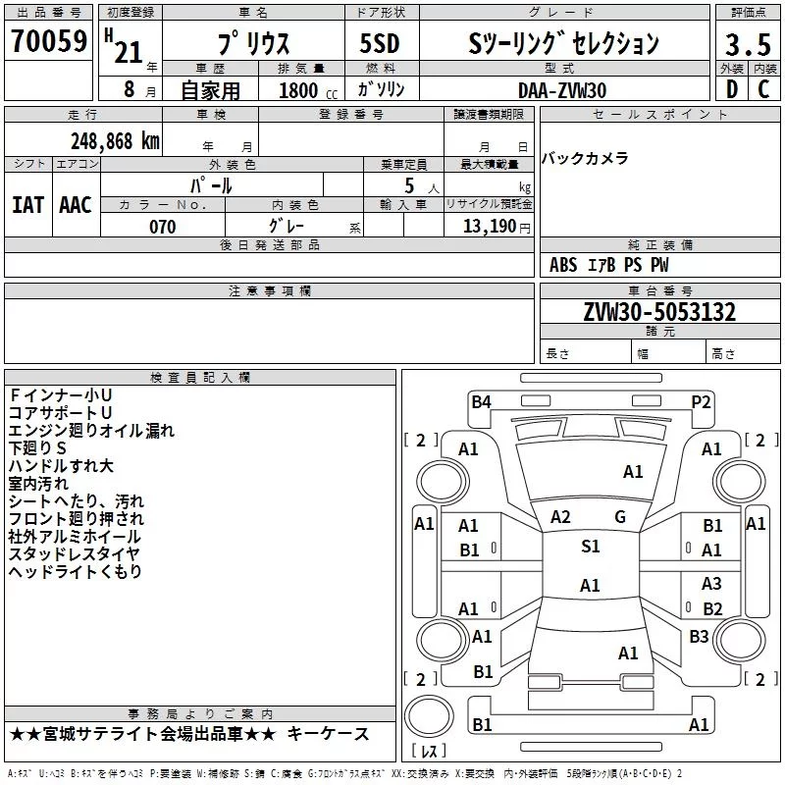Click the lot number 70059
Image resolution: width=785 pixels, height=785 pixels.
click(49, 40)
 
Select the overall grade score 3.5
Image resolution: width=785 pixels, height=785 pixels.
click(748, 44)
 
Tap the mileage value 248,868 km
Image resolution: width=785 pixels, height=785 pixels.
click(115, 141)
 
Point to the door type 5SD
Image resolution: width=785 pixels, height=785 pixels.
click(380, 43)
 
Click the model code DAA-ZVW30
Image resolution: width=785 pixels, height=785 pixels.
click(562, 90)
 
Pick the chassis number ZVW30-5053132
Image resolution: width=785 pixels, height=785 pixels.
click(659, 312)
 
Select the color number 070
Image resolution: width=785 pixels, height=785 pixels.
click(163, 227)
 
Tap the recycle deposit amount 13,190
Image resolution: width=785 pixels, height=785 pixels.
click(489, 227)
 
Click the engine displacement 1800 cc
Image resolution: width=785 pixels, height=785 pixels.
click(308, 90)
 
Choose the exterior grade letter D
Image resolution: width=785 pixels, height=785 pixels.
click(732, 89)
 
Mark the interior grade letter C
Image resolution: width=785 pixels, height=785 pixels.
click(763, 89)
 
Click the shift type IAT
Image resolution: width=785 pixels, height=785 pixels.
click(27, 205)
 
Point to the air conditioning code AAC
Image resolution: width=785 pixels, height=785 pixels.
click(76, 205)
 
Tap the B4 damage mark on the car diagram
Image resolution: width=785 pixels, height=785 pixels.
click(481, 402)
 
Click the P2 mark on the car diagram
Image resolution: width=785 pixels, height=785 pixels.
click(701, 402)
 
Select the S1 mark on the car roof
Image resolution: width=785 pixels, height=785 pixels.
click(591, 547)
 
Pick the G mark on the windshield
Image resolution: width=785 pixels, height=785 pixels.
click(620, 517)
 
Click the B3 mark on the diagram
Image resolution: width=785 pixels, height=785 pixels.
click(699, 637)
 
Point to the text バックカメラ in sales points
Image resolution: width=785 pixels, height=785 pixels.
click(585, 159)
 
